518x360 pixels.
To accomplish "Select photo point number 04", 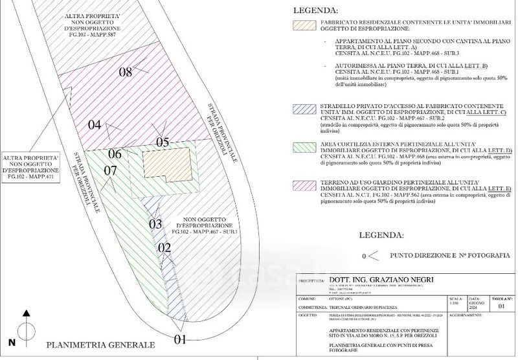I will point(95,125).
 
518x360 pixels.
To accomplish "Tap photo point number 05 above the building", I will point(162,142).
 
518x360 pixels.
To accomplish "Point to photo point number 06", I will point(115,154).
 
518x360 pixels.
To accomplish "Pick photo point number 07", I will point(110,170).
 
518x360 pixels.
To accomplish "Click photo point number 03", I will point(155,225).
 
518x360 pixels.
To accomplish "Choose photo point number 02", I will point(164,247).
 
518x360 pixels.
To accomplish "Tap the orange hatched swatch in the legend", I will point(302,25).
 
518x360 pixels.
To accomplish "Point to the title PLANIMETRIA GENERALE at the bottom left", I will point(100,345).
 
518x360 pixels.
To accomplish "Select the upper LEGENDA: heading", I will point(315,10).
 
